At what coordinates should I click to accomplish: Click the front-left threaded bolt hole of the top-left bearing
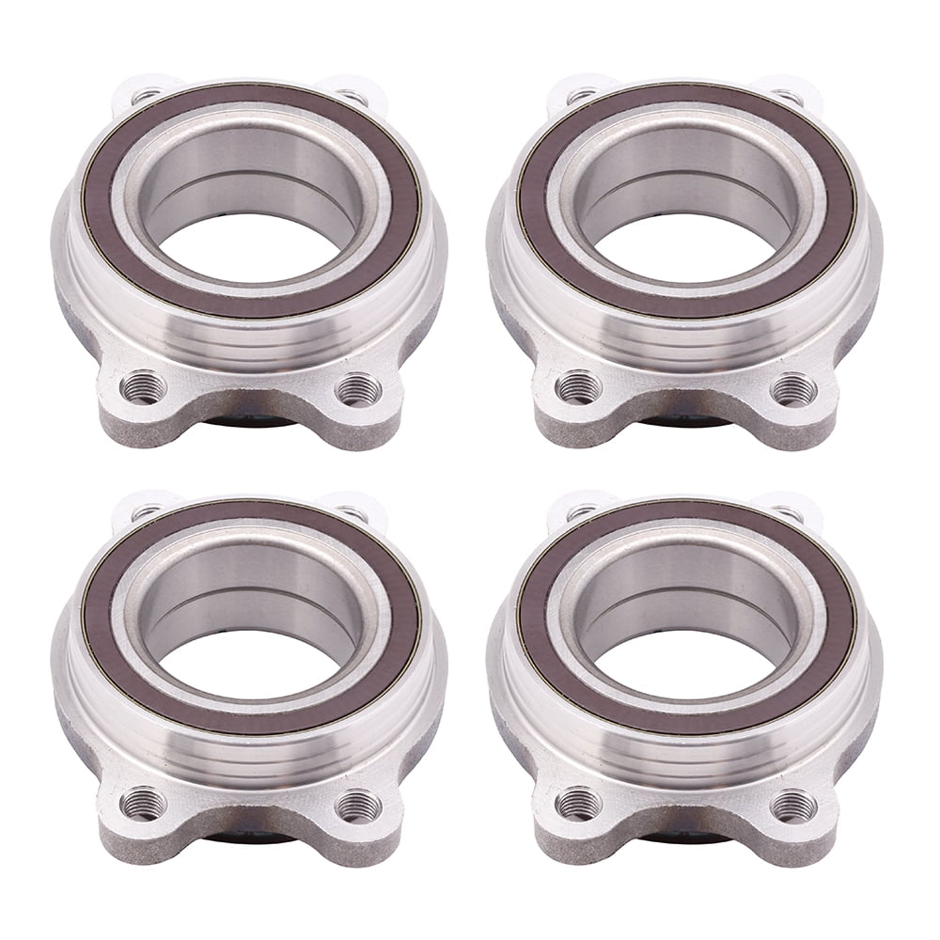point(143,386)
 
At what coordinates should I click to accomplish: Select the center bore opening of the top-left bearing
point(250,246)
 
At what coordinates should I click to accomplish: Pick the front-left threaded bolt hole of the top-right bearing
point(578,386)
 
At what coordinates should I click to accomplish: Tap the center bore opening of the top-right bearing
point(685,246)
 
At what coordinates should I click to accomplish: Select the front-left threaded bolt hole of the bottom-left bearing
point(143,804)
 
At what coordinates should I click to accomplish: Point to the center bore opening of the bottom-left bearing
point(250,664)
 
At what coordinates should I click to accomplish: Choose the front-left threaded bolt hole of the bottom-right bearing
point(578,804)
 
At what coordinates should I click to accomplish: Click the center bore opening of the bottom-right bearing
point(685,664)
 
